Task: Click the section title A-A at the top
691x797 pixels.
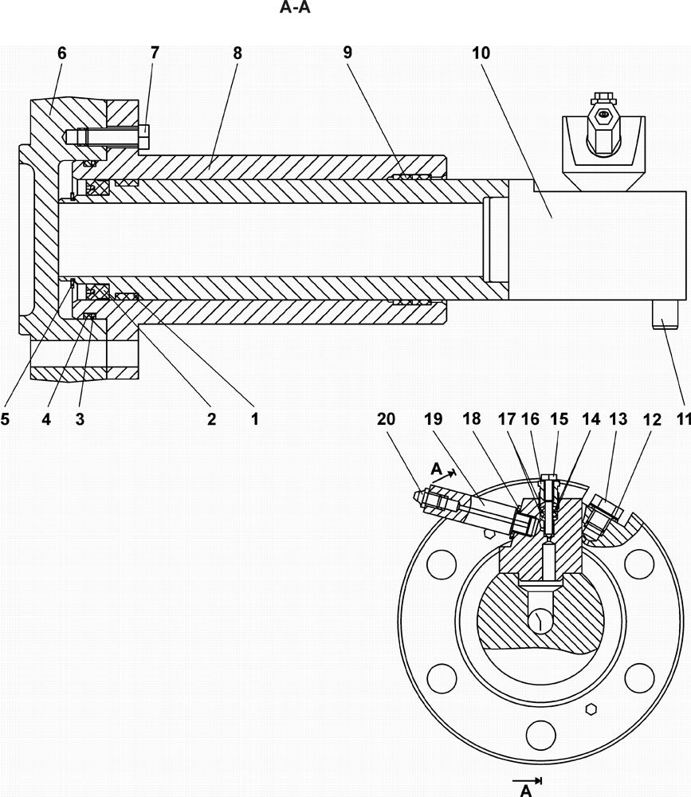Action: click(295, 8)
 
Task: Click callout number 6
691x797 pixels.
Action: click(61, 53)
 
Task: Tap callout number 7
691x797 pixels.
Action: click(155, 53)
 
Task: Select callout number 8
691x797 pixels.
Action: click(238, 53)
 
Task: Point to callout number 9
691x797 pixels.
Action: click(347, 53)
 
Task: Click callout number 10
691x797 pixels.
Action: click(481, 53)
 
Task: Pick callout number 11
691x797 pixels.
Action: click(684, 419)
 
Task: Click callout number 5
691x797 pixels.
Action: click(5, 419)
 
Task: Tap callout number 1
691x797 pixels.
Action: click(255, 419)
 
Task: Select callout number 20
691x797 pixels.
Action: click(386, 419)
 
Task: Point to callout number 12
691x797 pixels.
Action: click(652, 419)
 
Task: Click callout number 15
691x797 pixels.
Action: click(559, 419)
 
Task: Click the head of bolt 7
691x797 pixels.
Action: click(144, 135)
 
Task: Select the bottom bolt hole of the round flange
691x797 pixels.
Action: click(541, 735)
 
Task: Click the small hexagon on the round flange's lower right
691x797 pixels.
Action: click(591, 709)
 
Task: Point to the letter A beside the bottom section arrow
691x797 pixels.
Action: click(526, 790)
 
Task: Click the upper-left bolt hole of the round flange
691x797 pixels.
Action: click(442, 564)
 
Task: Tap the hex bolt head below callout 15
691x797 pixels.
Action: click(549, 477)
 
